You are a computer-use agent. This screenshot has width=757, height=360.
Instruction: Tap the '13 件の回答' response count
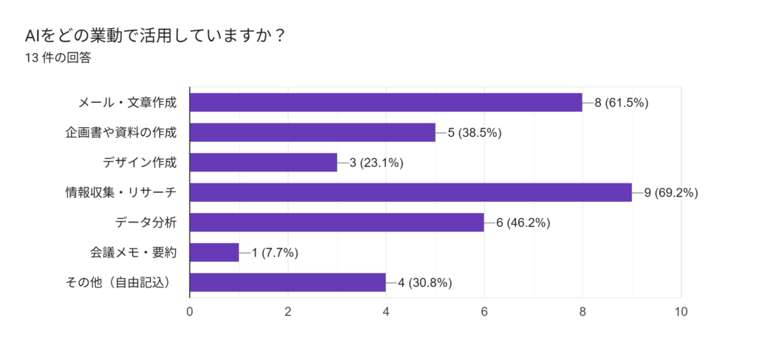(58, 58)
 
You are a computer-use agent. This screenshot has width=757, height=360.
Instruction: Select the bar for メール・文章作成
(386, 103)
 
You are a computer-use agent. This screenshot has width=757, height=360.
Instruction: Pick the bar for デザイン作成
(263, 163)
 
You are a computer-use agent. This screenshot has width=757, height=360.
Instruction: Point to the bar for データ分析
(336, 223)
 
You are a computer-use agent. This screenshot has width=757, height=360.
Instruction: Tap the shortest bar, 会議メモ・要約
(214, 253)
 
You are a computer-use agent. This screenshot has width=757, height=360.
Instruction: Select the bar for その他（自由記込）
(288, 282)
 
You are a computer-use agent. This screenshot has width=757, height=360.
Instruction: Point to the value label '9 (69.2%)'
(671, 193)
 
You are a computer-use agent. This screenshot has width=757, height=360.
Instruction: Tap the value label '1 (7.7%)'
(274, 253)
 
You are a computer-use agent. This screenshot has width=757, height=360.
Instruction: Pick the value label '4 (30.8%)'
(425, 282)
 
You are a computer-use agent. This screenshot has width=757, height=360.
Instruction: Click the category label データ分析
(146, 223)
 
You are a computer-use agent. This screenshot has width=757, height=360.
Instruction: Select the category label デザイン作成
(140, 163)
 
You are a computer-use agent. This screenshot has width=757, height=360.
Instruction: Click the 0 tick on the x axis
(190, 312)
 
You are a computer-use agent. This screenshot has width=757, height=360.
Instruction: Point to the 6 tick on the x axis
(484, 312)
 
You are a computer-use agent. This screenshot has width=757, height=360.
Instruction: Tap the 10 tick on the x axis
(681, 312)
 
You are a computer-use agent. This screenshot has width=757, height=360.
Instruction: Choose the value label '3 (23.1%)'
(376, 163)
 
